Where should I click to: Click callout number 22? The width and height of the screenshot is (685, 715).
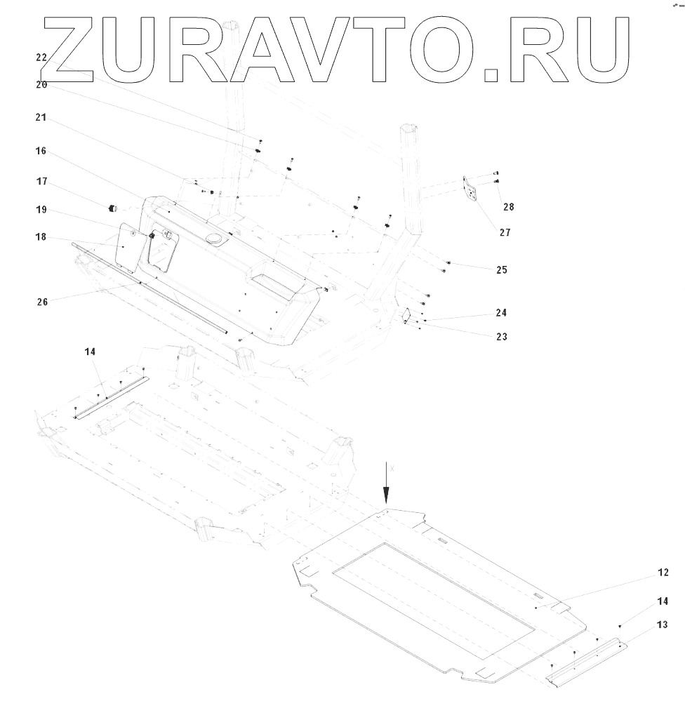coord(41,58)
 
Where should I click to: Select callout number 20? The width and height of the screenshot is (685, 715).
coord(41,84)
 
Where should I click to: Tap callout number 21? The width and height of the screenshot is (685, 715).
coord(41,119)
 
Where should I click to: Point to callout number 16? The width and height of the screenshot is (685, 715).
coord(41,151)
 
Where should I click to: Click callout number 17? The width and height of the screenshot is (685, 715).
coord(41,181)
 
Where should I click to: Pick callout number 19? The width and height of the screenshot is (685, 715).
coord(41,209)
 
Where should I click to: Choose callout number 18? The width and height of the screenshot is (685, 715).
coord(41,237)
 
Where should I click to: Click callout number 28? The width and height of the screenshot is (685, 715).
coord(508,207)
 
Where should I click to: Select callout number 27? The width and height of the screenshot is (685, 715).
coord(505,232)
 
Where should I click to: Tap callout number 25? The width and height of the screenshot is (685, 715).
coord(501,269)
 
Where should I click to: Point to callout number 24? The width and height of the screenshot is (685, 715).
coord(501,312)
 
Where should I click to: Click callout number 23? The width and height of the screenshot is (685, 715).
coord(501,337)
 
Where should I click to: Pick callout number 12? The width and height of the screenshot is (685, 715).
coord(663,573)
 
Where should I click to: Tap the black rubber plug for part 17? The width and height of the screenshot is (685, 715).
coord(111,208)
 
